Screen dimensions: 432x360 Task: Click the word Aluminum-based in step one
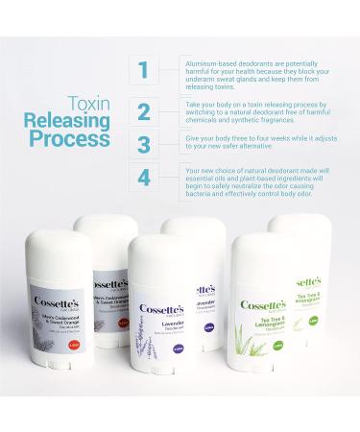[x=204, y=60]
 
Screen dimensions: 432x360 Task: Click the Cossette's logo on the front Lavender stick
[x=162, y=309]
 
